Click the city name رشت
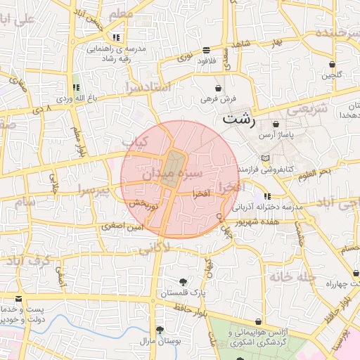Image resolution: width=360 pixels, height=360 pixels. click(238, 119)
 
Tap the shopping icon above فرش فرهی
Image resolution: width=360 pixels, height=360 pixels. click(219, 89)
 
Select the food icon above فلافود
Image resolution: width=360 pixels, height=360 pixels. click(206, 50)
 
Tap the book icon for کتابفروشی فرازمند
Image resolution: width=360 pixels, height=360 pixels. click(264, 158)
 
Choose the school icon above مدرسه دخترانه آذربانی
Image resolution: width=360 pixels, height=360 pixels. click(266, 196)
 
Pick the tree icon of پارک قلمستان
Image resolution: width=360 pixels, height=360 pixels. click(184, 281)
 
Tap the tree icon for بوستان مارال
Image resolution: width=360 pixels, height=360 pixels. click(160, 330)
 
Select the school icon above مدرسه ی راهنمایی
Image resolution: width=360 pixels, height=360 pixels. click(115, 37)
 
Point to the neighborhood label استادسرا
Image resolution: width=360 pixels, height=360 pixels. click(148, 87)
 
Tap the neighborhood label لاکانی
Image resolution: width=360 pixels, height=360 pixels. click(155, 247)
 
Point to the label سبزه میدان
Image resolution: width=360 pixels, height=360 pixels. click(173, 173)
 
